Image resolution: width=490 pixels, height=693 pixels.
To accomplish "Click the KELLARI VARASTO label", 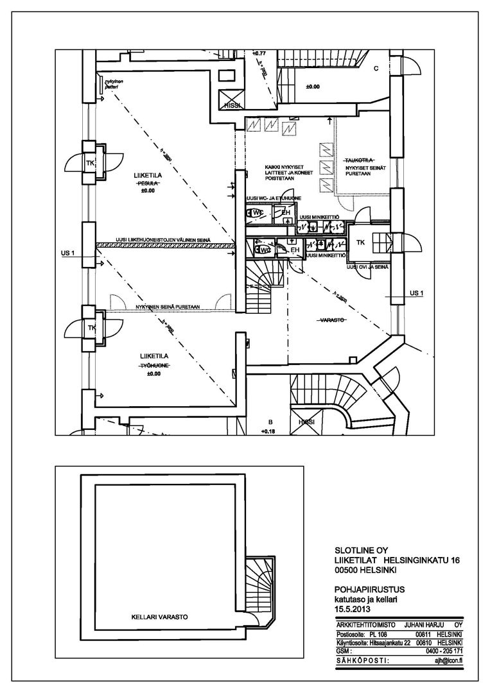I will (155, 620).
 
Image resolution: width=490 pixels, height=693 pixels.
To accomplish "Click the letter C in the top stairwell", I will (376, 68).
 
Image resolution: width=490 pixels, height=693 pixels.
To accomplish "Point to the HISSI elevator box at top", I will (230, 105).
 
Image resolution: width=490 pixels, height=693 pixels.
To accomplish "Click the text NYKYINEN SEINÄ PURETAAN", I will (169, 307).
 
